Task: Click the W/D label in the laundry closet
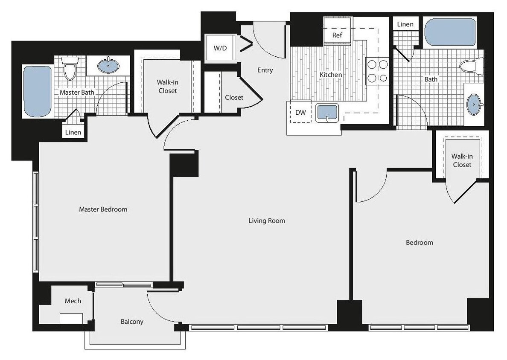pyautogui.click(x=220, y=48)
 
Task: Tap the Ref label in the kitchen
pyautogui.click(x=337, y=35)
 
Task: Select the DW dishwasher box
pyautogui.click(x=300, y=113)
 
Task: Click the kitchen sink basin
pyautogui.click(x=327, y=113)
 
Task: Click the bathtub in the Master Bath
pyautogui.click(x=38, y=91)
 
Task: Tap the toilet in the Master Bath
pyautogui.click(x=70, y=69)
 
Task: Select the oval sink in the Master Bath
pyautogui.click(x=108, y=65)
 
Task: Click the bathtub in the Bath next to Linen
pyautogui.click(x=450, y=32)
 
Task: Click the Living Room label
pyautogui.click(x=267, y=221)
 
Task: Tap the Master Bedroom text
pyautogui.click(x=103, y=209)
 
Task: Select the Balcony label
pyautogui.click(x=132, y=322)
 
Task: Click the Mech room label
pyautogui.click(x=73, y=301)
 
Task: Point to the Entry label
pyautogui.click(x=265, y=70)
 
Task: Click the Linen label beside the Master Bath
pyautogui.click(x=73, y=132)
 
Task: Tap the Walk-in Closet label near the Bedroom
pyautogui.click(x=462, y=160)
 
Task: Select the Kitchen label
pyautogui.click(x=331, y=75)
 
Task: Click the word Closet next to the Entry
pyautogui.click(x=234, y=97)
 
